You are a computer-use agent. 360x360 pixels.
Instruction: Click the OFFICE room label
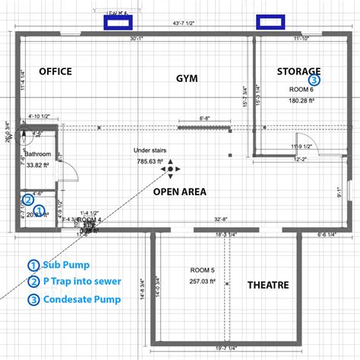point(55,71)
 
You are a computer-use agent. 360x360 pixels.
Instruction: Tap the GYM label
point(187,78)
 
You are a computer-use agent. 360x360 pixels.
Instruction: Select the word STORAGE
point(298,71)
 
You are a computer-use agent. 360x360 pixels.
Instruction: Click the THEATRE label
point(267,285)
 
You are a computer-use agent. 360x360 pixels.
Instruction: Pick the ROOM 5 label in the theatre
point(201,270)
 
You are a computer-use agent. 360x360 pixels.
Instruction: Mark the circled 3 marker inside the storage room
point(314,78)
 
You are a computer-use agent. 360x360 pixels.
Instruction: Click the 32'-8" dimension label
point(221,219)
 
